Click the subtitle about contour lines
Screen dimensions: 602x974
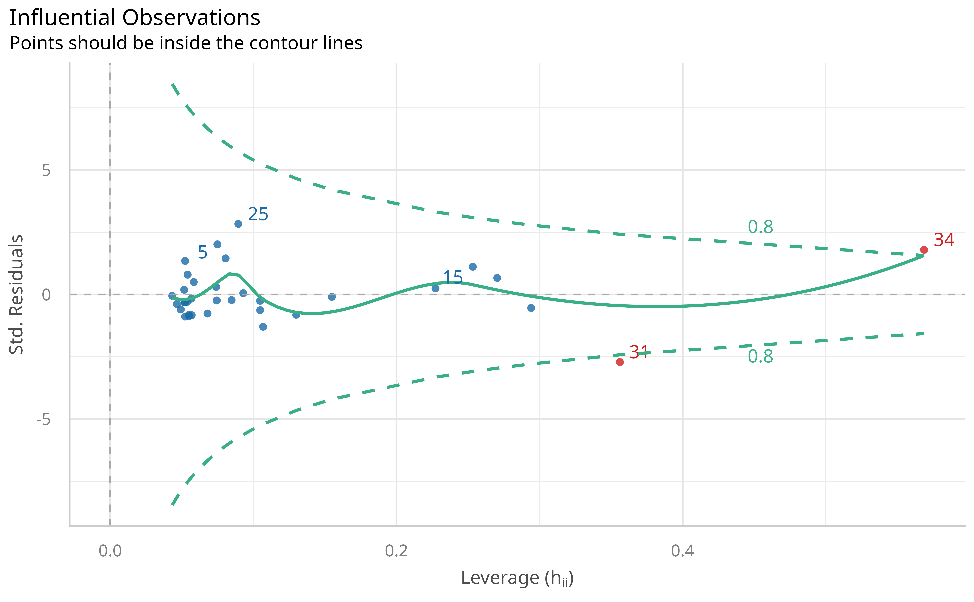click(186, 43)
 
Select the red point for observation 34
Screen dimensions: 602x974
click(924, 250)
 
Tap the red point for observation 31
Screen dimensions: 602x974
click(620, 362)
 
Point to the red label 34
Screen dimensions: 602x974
click(944, 240)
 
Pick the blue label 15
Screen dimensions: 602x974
click(453, 277)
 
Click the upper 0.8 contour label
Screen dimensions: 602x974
click(760, 227)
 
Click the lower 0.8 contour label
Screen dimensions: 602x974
click(760, 356)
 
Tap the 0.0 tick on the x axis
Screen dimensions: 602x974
click(110, 551)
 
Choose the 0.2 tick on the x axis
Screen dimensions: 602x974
click(396, 551)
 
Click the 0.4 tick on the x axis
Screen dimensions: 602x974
click(683, 551)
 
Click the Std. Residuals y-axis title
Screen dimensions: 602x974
click(17, 295)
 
